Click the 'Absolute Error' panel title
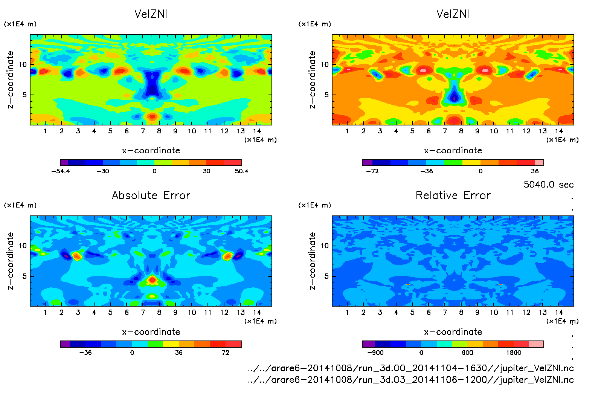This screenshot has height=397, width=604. click(151, 195)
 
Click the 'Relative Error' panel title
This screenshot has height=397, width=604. click(453, 195)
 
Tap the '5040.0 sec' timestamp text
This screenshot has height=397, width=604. click(548, 185)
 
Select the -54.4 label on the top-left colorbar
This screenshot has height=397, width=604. click(60, 171)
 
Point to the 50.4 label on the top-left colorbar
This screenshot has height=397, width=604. click(241, 171)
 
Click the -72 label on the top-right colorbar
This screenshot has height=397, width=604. click(372, 171)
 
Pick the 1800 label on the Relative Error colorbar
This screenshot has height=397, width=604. click(514, 353)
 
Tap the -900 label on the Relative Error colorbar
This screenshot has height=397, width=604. click(375, 353)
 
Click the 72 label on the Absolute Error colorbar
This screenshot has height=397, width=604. click(225, 353)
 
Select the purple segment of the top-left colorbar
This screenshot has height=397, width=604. click(64, 163)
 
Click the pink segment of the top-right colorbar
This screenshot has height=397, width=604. click(539, 163)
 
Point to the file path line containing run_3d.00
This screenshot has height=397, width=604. click(410, 368)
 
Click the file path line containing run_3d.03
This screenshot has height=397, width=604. click(410, 380)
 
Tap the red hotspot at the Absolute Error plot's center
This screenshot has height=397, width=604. click(152, 280)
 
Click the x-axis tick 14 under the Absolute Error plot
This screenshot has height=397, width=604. click(257, 312)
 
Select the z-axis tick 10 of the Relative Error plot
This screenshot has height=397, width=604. click(324, 246)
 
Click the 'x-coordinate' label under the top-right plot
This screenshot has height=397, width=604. click(453, 151)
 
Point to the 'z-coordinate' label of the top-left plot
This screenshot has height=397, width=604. click(10, 80)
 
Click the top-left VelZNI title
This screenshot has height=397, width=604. click(151, 14)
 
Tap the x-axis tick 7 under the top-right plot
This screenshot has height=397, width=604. click(445, 131)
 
